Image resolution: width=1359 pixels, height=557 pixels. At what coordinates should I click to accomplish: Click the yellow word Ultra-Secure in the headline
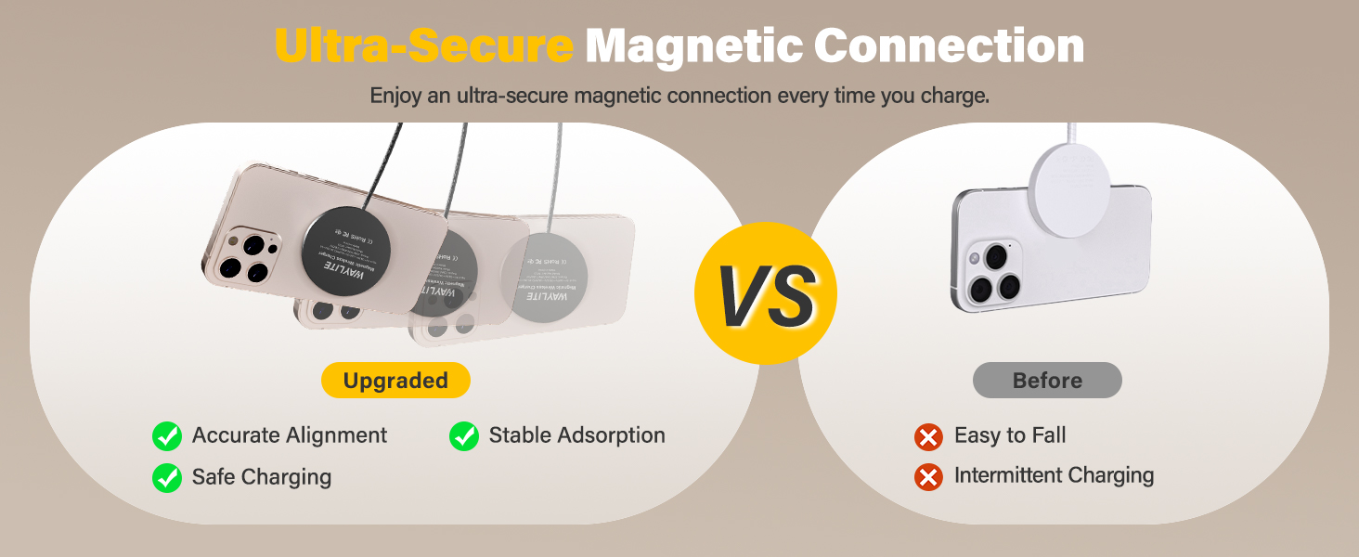(x=423, y=46)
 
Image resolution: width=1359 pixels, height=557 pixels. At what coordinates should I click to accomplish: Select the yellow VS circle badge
(x=766, y=294)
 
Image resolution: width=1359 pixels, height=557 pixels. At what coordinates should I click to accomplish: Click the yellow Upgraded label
(x=395, y=381)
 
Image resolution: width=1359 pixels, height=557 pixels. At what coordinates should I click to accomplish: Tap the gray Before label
(x=1047, y=381)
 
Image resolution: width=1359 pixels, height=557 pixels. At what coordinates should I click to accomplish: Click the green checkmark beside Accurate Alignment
(x=167, y=435)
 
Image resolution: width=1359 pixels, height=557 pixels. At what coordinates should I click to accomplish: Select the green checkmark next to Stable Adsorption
(x=464, y=435)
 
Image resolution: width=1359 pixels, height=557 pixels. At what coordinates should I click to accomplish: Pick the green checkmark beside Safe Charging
(x=167, y=477)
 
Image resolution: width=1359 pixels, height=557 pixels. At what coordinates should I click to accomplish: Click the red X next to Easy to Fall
(x=928, y=436)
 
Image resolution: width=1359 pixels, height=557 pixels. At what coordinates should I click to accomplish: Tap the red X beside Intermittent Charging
(x=928, y=476)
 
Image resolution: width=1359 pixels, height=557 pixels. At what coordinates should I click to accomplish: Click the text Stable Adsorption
(x=576, y=435)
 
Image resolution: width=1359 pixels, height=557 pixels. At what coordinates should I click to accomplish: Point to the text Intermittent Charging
(x=1054, y=475)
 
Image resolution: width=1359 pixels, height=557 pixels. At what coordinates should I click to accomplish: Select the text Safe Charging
(x=261, y=477)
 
